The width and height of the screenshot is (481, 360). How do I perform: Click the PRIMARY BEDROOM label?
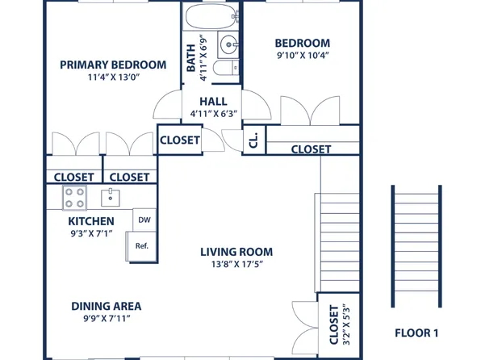113,65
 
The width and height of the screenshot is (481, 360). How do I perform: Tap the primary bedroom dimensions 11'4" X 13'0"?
113,79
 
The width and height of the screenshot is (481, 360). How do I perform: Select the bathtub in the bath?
210,16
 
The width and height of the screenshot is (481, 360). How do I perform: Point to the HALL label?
213,101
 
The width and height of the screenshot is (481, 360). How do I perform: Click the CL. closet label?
253,140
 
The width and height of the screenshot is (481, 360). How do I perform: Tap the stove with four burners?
75,196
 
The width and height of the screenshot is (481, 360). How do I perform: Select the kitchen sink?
110,196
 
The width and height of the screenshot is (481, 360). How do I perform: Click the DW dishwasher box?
144,220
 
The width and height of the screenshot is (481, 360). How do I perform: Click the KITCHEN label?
90,221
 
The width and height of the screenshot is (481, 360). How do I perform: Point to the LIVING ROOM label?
236,251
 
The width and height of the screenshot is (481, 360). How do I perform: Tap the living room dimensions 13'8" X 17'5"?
236,264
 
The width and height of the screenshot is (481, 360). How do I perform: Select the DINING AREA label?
107,306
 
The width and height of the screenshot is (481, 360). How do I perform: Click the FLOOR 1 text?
416,333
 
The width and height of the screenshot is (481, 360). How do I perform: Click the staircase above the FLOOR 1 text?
416,250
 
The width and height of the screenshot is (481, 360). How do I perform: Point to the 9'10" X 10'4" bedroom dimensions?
302,57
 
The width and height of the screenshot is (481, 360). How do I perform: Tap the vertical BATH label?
191,58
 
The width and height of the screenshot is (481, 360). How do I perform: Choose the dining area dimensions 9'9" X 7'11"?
107,320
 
